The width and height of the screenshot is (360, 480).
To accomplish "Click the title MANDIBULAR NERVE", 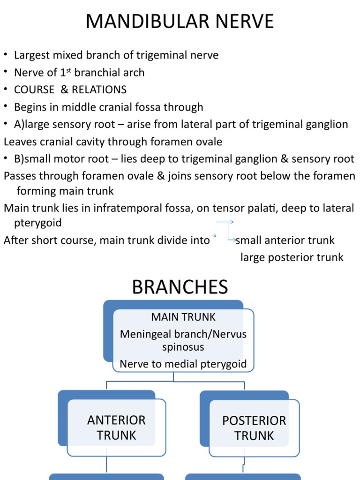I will point(180,22).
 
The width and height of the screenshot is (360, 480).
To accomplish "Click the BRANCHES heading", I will point(180,287).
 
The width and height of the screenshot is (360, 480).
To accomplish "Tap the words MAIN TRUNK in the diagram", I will point(183,317).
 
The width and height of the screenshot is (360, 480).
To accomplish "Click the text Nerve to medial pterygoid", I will point(183,364).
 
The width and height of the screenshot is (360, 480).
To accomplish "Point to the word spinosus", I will point(183,348).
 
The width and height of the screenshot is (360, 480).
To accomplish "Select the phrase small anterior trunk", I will point(285,240).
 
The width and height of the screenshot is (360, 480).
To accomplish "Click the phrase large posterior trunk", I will point(292,257).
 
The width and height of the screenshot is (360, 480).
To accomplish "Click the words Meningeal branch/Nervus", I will point(183,334).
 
